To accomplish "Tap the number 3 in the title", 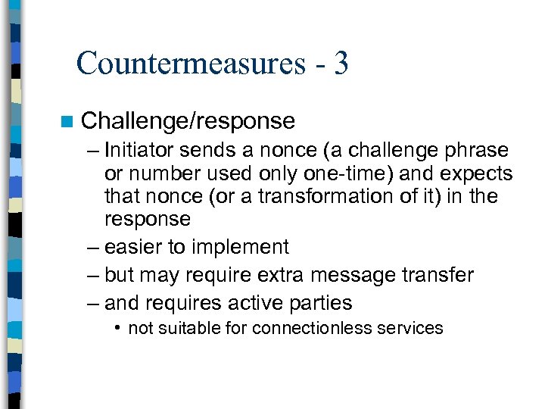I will [x=340, y=63].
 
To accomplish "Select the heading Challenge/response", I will [x=188, y=121].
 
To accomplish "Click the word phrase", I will [x=478, y=150].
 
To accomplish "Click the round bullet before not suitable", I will [x=118, y=328].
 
